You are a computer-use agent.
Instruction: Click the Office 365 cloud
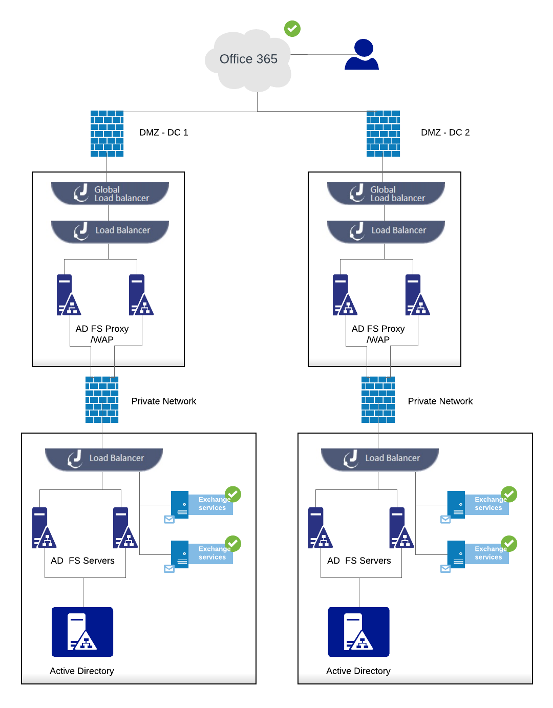click(248, 60)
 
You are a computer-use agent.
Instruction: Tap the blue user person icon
click(362, 55)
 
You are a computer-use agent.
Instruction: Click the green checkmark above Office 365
click(292, 29)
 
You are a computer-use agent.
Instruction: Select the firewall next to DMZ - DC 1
click(107, 134)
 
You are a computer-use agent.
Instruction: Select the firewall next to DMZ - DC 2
click(383, 134)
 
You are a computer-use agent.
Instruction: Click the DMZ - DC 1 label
click(164, 133)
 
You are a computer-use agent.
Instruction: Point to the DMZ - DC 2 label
click(445, 133)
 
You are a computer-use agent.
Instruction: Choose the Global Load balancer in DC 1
click(110, 194)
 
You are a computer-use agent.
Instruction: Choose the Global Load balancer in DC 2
click(386, 194)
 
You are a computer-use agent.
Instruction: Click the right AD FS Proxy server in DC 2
click(417, 295)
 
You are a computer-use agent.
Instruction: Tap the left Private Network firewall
click(102, 400)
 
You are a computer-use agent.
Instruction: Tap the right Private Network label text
click(440, 401)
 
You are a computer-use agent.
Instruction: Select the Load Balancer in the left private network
click(104, 459)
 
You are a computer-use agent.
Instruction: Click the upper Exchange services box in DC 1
click(202, 504)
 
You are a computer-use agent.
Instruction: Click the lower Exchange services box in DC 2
click(478, 553)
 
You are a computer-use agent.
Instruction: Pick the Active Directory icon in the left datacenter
click(82, 632)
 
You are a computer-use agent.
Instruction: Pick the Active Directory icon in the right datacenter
click(358, 632)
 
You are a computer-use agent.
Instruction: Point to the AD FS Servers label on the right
click(359, 561)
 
